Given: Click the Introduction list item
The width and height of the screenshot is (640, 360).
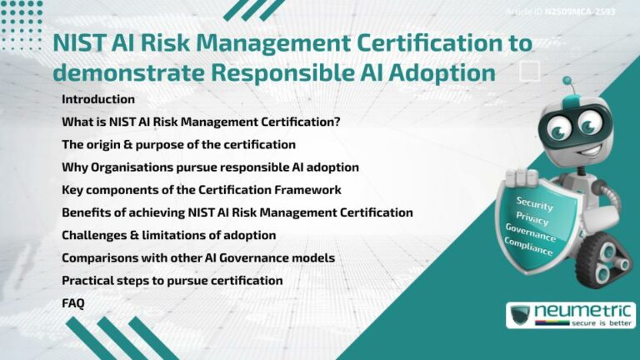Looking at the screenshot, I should tap(98, 99).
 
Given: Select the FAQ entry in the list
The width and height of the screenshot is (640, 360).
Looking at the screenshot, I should tap(73, 303).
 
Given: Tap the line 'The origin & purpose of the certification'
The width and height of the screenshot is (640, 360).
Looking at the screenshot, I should tap(178, 144).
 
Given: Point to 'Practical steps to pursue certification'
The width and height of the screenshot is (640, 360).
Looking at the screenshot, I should tap(172, 280).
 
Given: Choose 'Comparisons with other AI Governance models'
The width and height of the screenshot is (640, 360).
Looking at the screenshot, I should tap(198, 257).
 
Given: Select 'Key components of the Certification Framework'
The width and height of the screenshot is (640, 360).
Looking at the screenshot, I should tap(202, 190).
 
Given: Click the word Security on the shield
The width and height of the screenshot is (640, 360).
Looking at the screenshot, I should tap(534, 203).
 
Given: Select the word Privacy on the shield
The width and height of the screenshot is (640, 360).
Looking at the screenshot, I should tap(532, 218).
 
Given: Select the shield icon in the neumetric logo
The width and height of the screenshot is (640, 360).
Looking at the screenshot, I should tap(521, 316).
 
